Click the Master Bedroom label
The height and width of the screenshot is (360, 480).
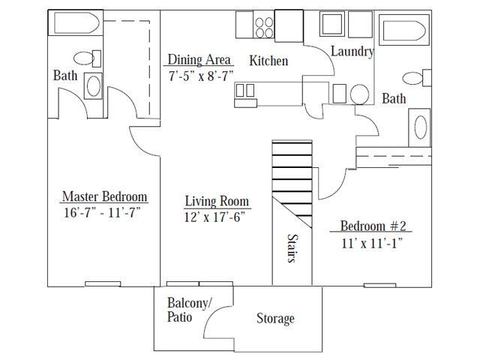104,197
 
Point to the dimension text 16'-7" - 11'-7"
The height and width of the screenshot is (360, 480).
104,212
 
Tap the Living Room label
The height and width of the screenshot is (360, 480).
217,202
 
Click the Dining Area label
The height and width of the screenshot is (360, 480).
198,60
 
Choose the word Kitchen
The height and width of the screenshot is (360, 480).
268,61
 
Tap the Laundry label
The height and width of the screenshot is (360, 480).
352,52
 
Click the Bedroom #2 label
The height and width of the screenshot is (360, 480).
373,226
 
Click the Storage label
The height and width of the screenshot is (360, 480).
275,319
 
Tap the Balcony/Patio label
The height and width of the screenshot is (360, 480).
189,309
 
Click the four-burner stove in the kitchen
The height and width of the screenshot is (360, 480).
264,27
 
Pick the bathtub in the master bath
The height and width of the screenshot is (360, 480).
75,24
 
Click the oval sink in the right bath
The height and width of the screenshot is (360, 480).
420,126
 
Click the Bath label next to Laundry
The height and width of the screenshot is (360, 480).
394,98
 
